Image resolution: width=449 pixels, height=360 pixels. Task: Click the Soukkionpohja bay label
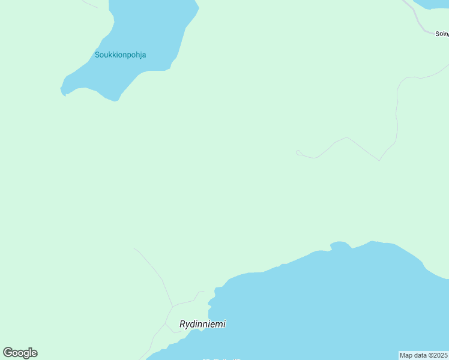click(120, 55)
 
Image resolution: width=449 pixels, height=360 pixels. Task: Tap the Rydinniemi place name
click(202, 324)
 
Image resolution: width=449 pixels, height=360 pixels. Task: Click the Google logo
click(20, 353)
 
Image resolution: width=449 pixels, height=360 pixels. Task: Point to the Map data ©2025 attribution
click(423, 355)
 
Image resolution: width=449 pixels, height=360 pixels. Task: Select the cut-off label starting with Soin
click(442, 34)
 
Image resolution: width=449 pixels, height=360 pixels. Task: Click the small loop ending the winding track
click(298, 152)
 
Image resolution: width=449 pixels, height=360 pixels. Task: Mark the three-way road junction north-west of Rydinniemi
click(173, 307)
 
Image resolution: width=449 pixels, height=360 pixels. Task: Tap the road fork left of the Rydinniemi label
click(166, 325)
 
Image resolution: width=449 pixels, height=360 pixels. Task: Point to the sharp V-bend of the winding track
click(379, 160)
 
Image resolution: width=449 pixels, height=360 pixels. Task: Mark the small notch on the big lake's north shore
click(331, 247)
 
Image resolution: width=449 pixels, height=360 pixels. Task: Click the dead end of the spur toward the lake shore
click(203, 292)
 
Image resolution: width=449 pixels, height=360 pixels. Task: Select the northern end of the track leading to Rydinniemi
click(134, 248)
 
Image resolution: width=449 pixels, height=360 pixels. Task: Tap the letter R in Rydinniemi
click(183, 324)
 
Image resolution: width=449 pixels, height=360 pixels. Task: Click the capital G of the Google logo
click(8, 353)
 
